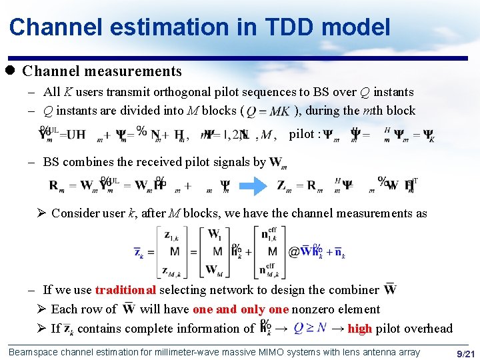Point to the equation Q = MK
[x=269, y=111]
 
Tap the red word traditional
[x=125, y=289]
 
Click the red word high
[x=360, y=328]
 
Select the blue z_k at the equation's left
[x=139, y=252]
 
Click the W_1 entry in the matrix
[x=215, y=234]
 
